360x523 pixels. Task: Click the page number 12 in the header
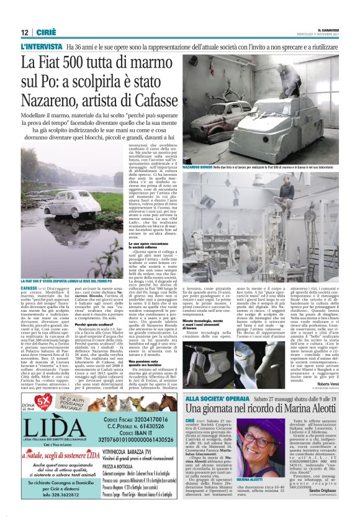coord(24,32)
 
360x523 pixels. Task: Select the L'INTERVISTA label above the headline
coord(42,47)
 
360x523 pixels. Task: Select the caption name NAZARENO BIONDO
coord(199,168)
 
